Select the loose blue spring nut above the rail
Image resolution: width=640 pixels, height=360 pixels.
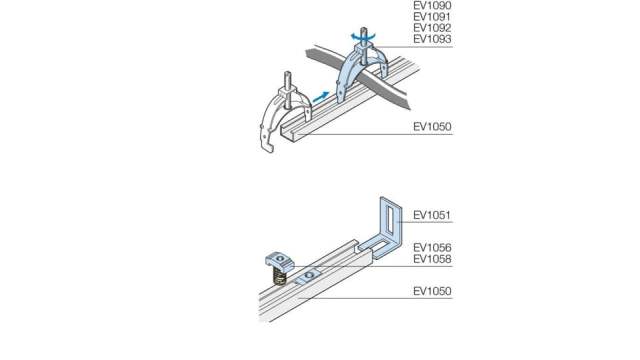click(x=281, y=261)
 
